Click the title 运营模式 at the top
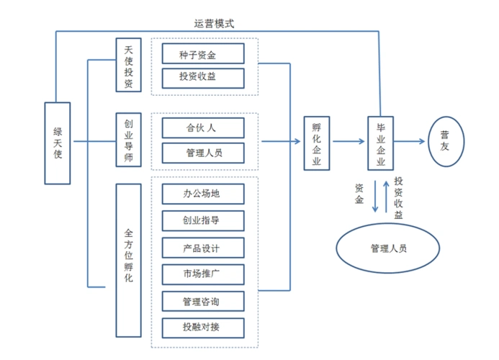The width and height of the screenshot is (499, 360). click(214, 23)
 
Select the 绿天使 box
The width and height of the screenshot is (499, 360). click(58, 142)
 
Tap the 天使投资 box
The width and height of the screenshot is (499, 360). click(128, 65)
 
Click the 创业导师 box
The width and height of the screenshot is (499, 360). click(128, 140)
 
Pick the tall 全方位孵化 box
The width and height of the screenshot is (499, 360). click(128, 259)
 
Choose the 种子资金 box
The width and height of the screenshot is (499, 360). click(203, 53)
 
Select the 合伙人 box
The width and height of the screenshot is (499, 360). click(203, 128)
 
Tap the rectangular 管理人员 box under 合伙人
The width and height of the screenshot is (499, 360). click(203, 153)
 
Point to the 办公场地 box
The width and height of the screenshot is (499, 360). click(203, 194)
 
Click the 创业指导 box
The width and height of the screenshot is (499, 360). click(203, 220)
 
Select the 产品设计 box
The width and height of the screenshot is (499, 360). click(203, 248)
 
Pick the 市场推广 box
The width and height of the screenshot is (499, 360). click(203, 274)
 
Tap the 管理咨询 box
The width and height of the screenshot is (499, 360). click(203, 301)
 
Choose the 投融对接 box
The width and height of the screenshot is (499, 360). click(203, 327)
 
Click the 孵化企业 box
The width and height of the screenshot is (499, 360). click(315, 142)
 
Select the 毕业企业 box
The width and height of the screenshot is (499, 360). click(381, 142)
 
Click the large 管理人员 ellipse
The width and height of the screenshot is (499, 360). click(388, 248)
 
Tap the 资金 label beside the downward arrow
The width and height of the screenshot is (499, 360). click(359, 194)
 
